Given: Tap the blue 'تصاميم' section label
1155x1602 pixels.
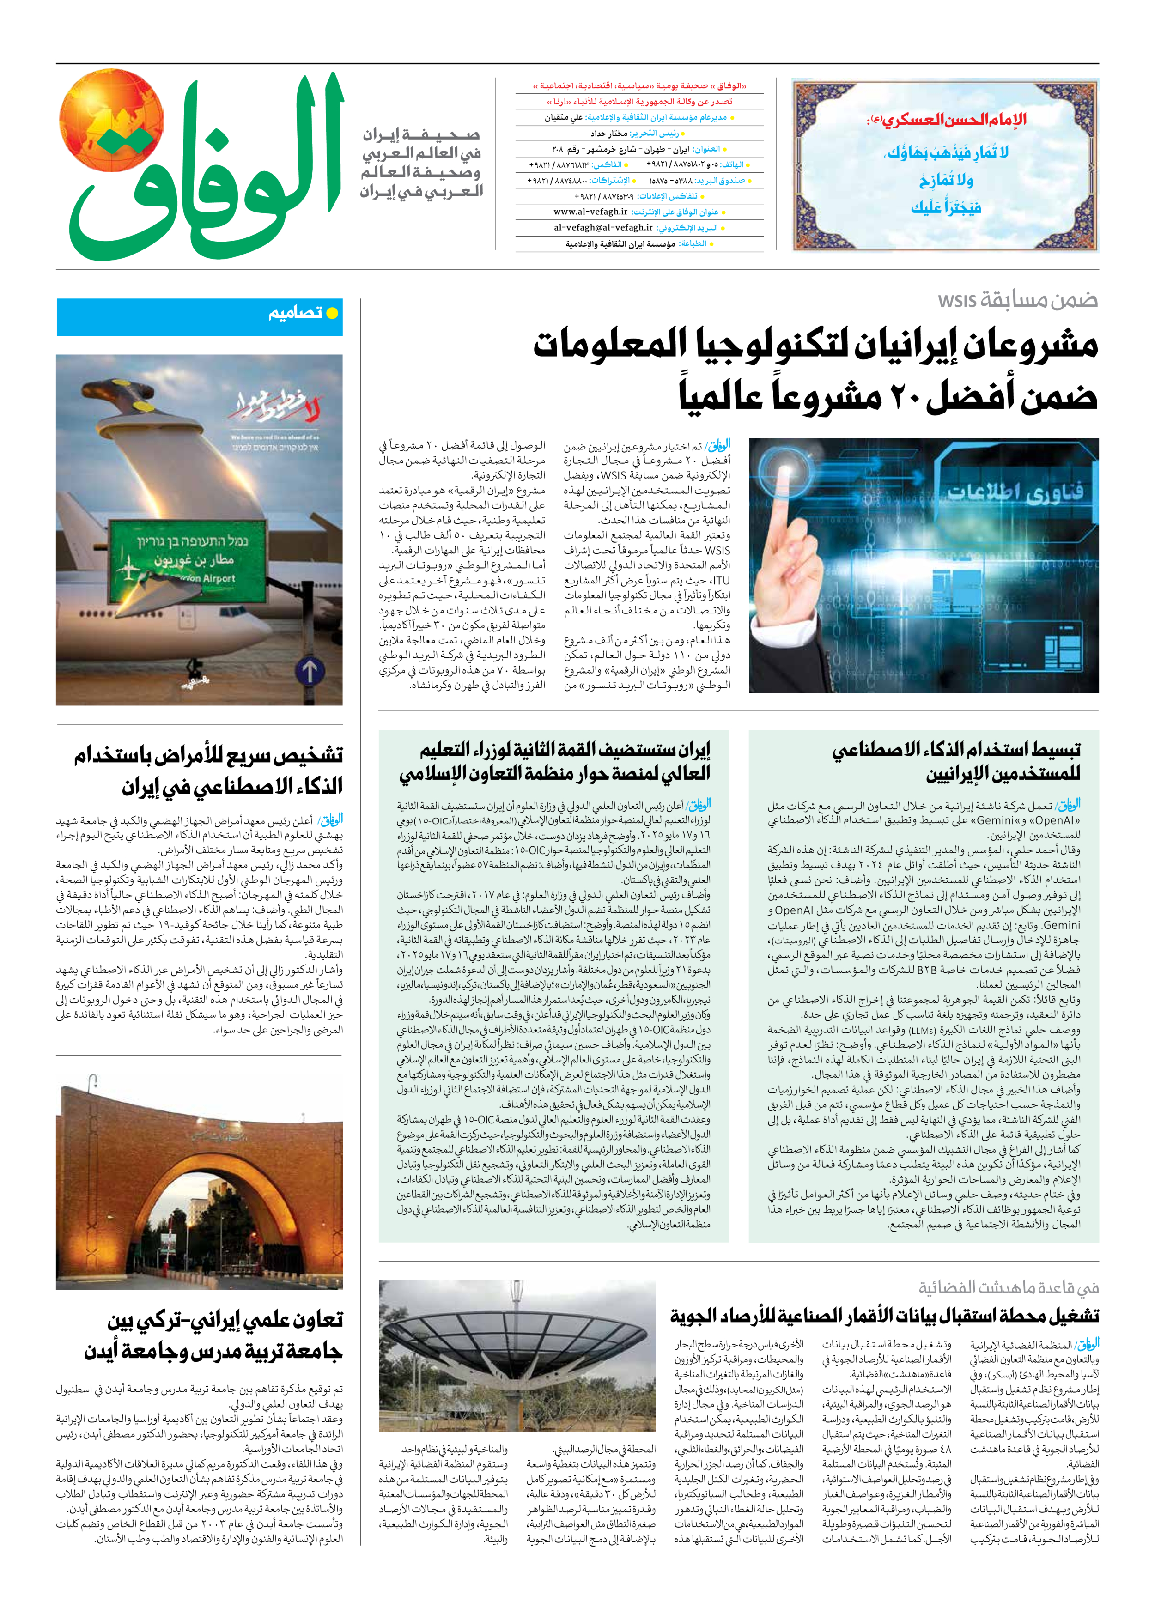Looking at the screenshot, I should point(295,313).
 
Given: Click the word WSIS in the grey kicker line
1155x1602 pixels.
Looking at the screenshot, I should point(957,301).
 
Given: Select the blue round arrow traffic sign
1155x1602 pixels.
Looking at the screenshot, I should point(309,671).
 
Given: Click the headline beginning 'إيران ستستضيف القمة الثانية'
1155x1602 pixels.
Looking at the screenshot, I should point(565,749).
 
